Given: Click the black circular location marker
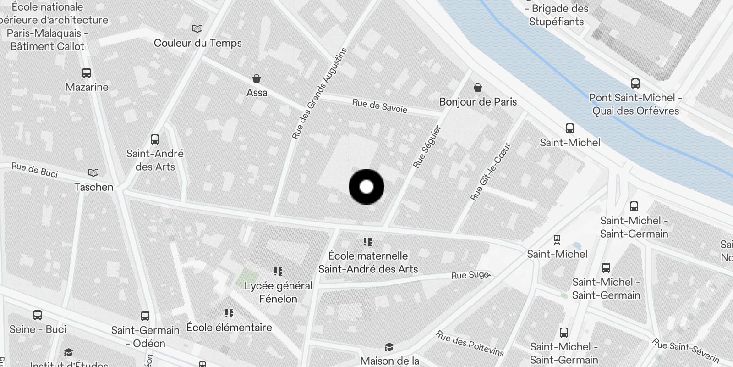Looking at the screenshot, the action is pos(366,187).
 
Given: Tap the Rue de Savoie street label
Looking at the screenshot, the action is pos(379,106).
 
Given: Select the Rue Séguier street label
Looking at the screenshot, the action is pos(427,146).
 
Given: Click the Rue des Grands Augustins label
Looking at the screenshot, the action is pos(320,94).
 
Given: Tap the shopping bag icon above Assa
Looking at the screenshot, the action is pos(257,79).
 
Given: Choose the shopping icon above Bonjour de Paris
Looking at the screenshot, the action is pos(478,88).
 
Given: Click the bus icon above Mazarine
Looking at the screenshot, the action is pos(87,73).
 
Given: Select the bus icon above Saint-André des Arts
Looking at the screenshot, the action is pos(155,139).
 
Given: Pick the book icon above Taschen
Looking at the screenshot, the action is pos(93,173).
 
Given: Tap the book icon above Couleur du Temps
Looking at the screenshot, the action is pos(197,29).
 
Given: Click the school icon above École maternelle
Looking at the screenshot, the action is pos(367,242).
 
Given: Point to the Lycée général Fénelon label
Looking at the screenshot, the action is pos(278,292).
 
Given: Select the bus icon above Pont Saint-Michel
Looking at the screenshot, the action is pos(635,83).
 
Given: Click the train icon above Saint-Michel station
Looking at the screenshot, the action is pos(557,240).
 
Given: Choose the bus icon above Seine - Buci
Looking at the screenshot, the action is pos(38,315).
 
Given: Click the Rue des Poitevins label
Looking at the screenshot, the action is pos(470,343).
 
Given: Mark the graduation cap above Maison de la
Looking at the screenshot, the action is pos(389,347).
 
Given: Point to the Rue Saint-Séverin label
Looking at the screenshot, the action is pos(686,351).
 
